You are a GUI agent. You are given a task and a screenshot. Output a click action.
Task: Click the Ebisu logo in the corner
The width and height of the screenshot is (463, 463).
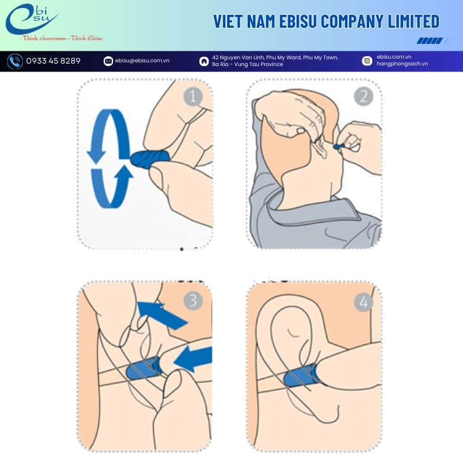pyautogui.click(x=32, y=19)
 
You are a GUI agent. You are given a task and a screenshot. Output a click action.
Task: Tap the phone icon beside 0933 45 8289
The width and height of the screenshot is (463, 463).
pyautogui.click(x=15, y=61)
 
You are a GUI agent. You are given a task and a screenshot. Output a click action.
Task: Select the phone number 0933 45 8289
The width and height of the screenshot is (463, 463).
pyautogui.click(x=54, y=61)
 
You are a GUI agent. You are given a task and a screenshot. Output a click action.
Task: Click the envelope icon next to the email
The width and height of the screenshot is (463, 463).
pyautogui.click(x=108, y=61)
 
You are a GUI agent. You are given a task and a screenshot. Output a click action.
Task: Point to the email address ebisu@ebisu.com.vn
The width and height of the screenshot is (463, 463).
pyautogui.click(x=143, y=60)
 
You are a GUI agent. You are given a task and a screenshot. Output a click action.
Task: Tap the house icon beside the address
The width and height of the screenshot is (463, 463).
pyautogui.click(x=204, y=61)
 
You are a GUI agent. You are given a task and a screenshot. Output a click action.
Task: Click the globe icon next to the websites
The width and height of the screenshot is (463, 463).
pyautogui.click(x=367, y=61)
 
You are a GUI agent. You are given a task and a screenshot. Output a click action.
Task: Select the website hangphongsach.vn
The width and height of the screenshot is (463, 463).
pyautogui.click(x=402, y=64)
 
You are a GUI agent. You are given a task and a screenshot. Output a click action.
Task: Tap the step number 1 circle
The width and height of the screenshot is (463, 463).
pyautogui.click(x=193, y=96)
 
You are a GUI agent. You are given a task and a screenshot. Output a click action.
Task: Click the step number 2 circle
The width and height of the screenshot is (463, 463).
pyautogui.click(x=364, y=96)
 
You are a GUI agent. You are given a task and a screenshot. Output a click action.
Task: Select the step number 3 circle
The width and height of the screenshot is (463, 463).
pyautogui.click(x=193, y=301)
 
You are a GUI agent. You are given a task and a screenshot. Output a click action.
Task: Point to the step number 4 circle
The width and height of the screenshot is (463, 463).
pyautogui.click(x=364, y=302)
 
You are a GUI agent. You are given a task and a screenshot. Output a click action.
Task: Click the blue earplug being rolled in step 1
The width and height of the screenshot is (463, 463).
pyautogui.click(x=150, y=157)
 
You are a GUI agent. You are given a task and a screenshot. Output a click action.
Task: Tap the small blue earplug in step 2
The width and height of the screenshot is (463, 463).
pyautogui.click(x=338, y=146)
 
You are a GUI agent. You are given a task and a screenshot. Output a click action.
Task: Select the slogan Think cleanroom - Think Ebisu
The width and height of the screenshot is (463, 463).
pyautogui.click(x=62, y=38)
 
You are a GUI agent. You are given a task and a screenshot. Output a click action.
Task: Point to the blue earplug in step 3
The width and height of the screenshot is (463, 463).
pyautogui.click(x=143, y=369)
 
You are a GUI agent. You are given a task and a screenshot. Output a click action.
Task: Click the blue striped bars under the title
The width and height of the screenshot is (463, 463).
pyautogui.click(x=434, y=41)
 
